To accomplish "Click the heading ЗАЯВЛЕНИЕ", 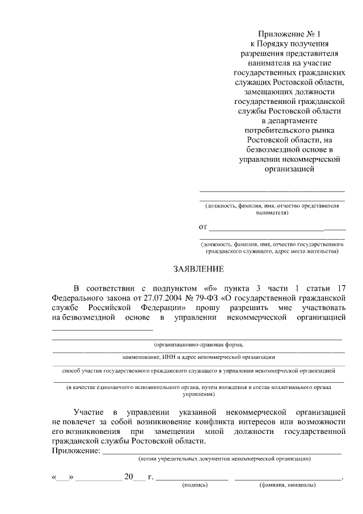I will (199, 269).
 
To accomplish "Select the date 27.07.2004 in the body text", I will (154, 296).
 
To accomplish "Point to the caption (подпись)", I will (195, 485).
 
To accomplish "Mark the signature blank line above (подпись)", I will (192, 480).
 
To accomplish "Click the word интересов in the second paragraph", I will (281, 421).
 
